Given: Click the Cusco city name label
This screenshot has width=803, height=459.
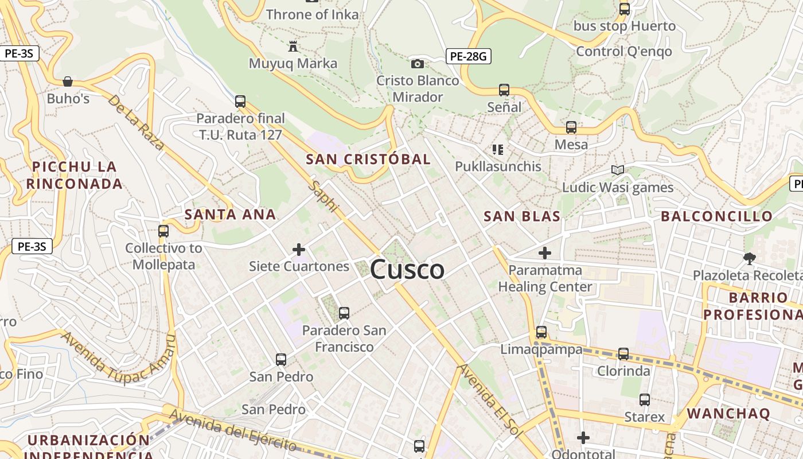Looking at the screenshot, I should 407,270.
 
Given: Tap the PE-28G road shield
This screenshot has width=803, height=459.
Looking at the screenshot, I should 469,56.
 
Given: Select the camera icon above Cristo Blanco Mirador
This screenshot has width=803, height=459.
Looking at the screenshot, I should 418,64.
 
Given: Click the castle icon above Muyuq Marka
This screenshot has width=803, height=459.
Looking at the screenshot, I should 293,46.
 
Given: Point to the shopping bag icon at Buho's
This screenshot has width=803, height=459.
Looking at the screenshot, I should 68,81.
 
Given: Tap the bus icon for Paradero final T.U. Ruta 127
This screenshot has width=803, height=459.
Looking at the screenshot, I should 240,102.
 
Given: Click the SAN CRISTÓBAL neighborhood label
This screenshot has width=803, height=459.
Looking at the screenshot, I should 368,159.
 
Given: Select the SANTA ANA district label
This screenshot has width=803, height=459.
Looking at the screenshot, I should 230,215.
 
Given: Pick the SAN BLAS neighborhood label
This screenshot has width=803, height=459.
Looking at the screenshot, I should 522,216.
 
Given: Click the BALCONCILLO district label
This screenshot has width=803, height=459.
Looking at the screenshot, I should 717,216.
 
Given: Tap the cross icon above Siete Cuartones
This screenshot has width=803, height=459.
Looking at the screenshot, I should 299,250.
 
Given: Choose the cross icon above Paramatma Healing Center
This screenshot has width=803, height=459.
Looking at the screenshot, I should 545,252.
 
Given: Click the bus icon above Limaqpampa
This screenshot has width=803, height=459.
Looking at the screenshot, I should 541,332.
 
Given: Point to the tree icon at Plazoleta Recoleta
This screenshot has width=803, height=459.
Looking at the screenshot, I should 749,258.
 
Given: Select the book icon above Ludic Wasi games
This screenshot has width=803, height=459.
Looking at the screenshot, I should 617,170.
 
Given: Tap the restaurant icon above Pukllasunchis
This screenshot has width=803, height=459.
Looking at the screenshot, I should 498,150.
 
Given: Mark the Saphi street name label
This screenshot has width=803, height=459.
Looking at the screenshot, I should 325,196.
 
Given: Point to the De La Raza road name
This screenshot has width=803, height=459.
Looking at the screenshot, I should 137,122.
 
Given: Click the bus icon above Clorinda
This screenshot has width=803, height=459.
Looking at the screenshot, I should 623,354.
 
